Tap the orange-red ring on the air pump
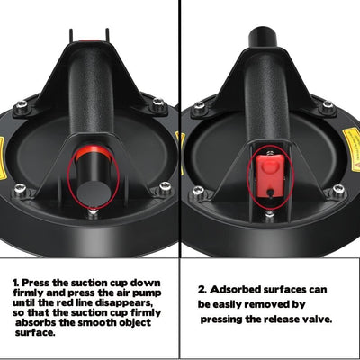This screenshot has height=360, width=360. [94, 152]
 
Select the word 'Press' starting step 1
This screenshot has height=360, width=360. [36, 283]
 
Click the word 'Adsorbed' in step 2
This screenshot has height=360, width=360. [236, 290]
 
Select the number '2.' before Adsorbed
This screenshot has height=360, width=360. [202, 290]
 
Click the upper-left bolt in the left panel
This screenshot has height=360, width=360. [22, 105]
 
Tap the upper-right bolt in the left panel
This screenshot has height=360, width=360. [158, 103]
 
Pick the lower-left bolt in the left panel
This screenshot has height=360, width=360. [20, 189]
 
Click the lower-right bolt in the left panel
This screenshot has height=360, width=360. [166, 187]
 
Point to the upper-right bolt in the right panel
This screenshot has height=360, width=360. [328, 105]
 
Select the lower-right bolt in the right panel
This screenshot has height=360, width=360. [338, 190]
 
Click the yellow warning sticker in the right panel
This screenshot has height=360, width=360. [352, 148]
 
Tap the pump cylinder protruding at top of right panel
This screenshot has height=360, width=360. [263, 39]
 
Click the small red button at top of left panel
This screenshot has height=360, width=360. [89, 41]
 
